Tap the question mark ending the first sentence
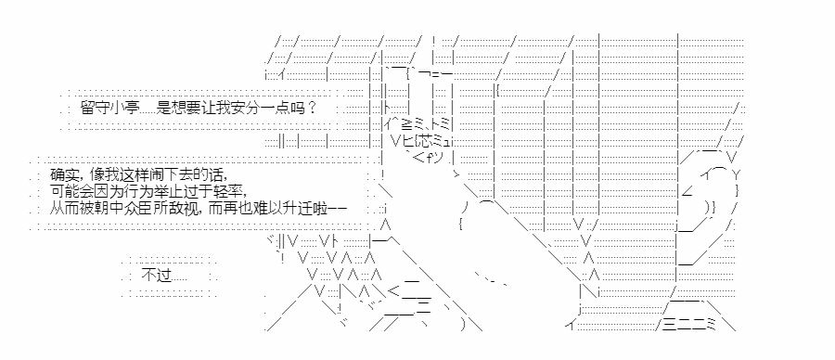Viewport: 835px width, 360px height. (x=313, y=109)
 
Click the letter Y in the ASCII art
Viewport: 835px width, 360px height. (x=736, y=174)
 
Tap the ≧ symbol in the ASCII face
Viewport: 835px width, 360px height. (x=407, y=125)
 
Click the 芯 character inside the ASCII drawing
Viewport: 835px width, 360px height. (x=421, y=142)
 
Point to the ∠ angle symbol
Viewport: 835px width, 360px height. (x=687, y=190)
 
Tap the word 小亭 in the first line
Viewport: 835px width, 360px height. (x=122, y=109)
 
